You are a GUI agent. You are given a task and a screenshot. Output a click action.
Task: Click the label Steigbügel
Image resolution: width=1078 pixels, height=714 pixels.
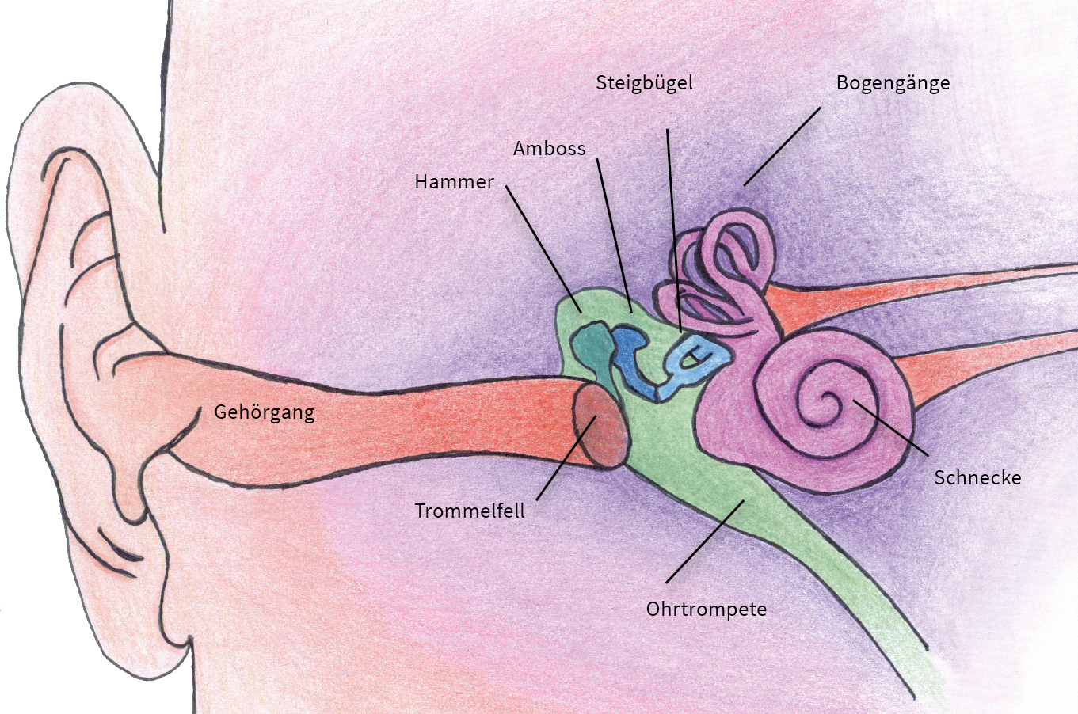tap(644, 83)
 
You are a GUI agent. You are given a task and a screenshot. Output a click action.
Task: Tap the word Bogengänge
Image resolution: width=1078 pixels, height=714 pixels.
tap(893, 83)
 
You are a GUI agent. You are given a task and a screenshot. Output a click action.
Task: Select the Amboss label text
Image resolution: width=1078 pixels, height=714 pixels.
tap(549, 149)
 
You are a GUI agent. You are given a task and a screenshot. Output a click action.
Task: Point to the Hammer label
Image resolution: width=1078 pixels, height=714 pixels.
tap(454, 182)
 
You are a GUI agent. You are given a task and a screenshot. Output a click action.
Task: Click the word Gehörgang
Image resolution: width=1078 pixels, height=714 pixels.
tap(264, 412)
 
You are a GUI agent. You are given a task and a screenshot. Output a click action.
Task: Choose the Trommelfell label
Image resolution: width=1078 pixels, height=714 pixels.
tap(470, 511)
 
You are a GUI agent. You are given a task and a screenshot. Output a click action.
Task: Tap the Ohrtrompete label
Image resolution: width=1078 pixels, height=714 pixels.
tap(706, 610)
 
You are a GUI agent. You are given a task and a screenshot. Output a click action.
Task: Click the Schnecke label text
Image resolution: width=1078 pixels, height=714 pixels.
tap(977, 477)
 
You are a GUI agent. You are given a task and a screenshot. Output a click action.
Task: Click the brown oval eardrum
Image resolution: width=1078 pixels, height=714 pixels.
tap(601, 428)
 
